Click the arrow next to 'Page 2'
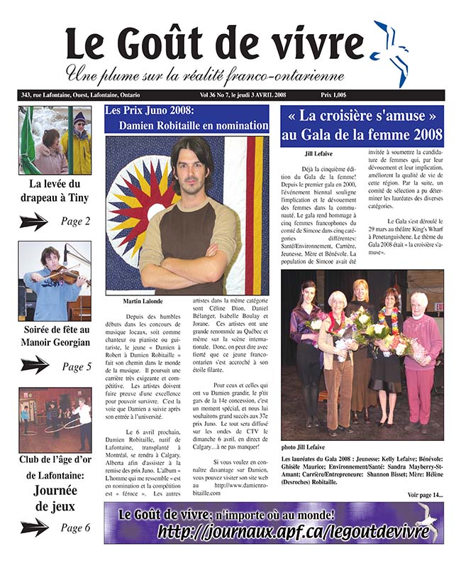[x=34, y=222]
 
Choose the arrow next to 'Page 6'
[x=34, y=527]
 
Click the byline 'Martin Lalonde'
[x=138, y=302]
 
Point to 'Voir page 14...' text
[x=425, y=493]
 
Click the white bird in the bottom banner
[x=426, y=522]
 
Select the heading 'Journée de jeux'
[x=54, y=497]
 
